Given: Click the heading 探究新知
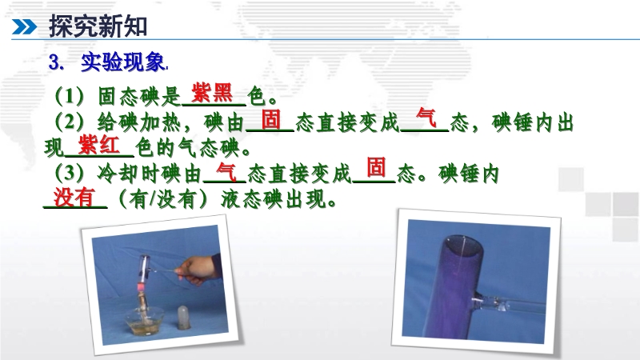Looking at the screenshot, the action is [x=98, y=26].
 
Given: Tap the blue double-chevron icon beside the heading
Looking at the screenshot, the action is [x=24, y=27].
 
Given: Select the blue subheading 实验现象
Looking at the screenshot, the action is [x=122, y=62].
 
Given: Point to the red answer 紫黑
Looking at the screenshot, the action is [x=212, y=93].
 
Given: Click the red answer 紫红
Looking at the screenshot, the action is [x=99, y=145].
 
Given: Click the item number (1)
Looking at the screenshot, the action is [x=70, y=96].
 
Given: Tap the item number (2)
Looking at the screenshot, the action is [x=70, y=122].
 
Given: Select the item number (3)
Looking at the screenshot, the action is [x=70, y=174].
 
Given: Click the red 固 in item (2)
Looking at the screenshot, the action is [x=271, y=119].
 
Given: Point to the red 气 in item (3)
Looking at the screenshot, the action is [x=226, y=171].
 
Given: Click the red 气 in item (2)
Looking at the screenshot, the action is [x=426, y=118].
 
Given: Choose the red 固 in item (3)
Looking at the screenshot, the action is [x=376, y=167].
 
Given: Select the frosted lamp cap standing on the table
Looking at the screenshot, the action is [x=184, y=318].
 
